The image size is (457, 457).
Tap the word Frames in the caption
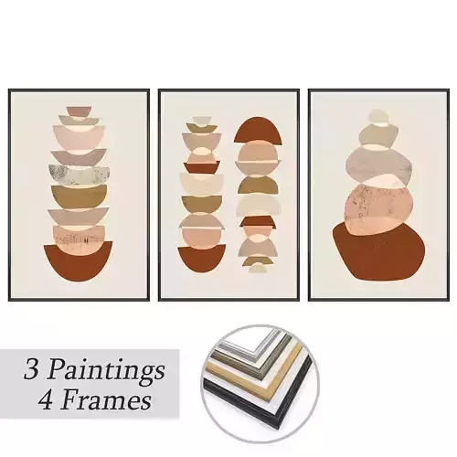point(112,400)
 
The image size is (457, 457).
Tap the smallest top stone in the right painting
point(377,116)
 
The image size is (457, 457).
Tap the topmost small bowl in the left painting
point(79,112)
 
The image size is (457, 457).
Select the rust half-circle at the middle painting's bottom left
point(201,259)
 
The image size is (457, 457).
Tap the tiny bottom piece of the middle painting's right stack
point(259,268)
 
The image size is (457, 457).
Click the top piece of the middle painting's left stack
point(201,120)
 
